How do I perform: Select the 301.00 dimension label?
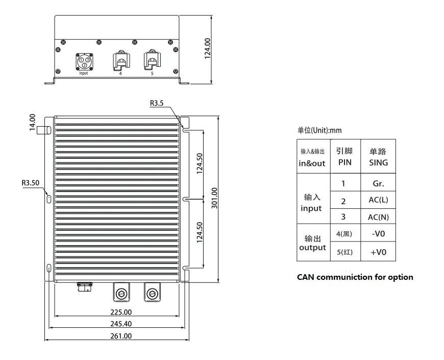(214, 198)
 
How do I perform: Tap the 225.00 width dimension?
(121, 312)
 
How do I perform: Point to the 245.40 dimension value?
(121, 324)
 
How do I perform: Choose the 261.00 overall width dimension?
(121, 336)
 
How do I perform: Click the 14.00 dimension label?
(33, 123)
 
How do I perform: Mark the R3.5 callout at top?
(157, 103)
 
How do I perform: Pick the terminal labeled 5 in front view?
(152, 61)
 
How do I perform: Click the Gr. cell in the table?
(378, 183)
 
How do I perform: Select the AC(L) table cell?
(378, 200)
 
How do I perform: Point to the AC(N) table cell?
(378, 217)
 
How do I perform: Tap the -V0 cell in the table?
(378, 234)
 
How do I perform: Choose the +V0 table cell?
(378, 252)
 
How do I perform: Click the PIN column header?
(344, 157)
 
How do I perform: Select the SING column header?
(378, 157)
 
